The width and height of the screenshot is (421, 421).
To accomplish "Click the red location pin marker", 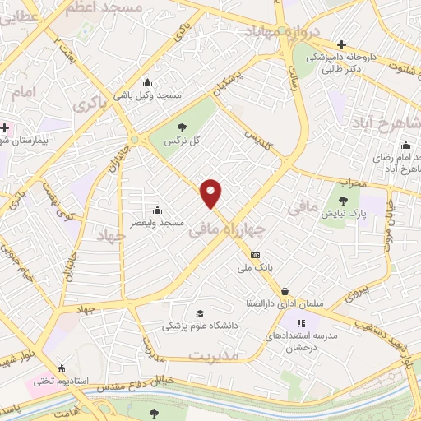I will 212,193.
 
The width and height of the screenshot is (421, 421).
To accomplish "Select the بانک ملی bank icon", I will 255,255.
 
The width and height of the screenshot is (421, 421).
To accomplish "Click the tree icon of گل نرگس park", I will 182,127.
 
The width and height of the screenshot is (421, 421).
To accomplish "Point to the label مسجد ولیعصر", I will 162,222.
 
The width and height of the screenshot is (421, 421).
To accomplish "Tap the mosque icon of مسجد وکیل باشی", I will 147,81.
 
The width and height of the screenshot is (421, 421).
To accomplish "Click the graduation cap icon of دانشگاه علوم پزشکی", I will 198,313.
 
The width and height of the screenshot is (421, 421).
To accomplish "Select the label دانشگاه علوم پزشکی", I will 200,326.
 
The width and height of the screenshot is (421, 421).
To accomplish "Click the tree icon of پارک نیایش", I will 343,200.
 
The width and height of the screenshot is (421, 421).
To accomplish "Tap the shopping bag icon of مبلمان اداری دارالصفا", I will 285,291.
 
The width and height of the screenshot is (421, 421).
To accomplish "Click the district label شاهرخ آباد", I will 386,123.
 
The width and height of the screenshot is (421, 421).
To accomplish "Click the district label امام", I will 25,93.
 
